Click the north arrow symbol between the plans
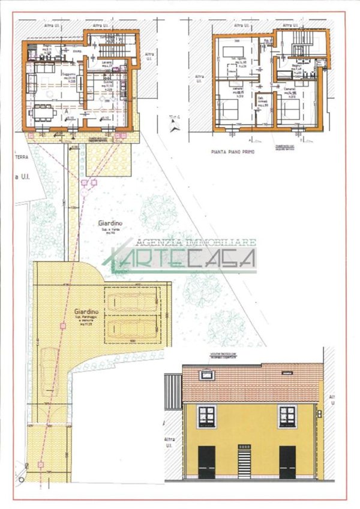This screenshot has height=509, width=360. tap(173, 125)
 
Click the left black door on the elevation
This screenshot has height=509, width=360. tap(207, 462)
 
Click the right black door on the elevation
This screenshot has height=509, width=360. tap(287, 462)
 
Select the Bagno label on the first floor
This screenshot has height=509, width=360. tap(296, 68)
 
